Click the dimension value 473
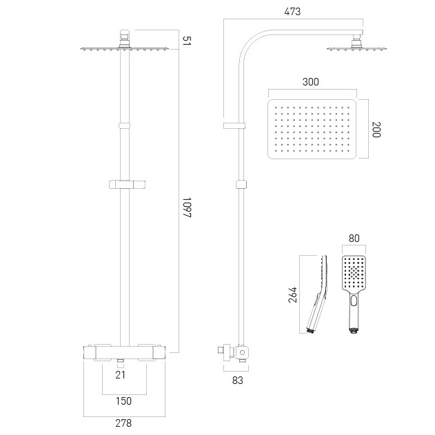click(x=292, y=12)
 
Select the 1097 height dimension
click(x=188, y=208)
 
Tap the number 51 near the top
click(x=187, y=41)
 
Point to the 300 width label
click(x=310, y=82)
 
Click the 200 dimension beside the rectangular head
click(x=376, y=130)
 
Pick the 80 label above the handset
click(x=354, y=239)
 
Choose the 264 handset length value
click(x=292, y=295)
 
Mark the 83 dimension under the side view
click(x=237, y=381)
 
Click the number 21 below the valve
click(x=120, y=375)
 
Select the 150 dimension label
click(x=123, y=401)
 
